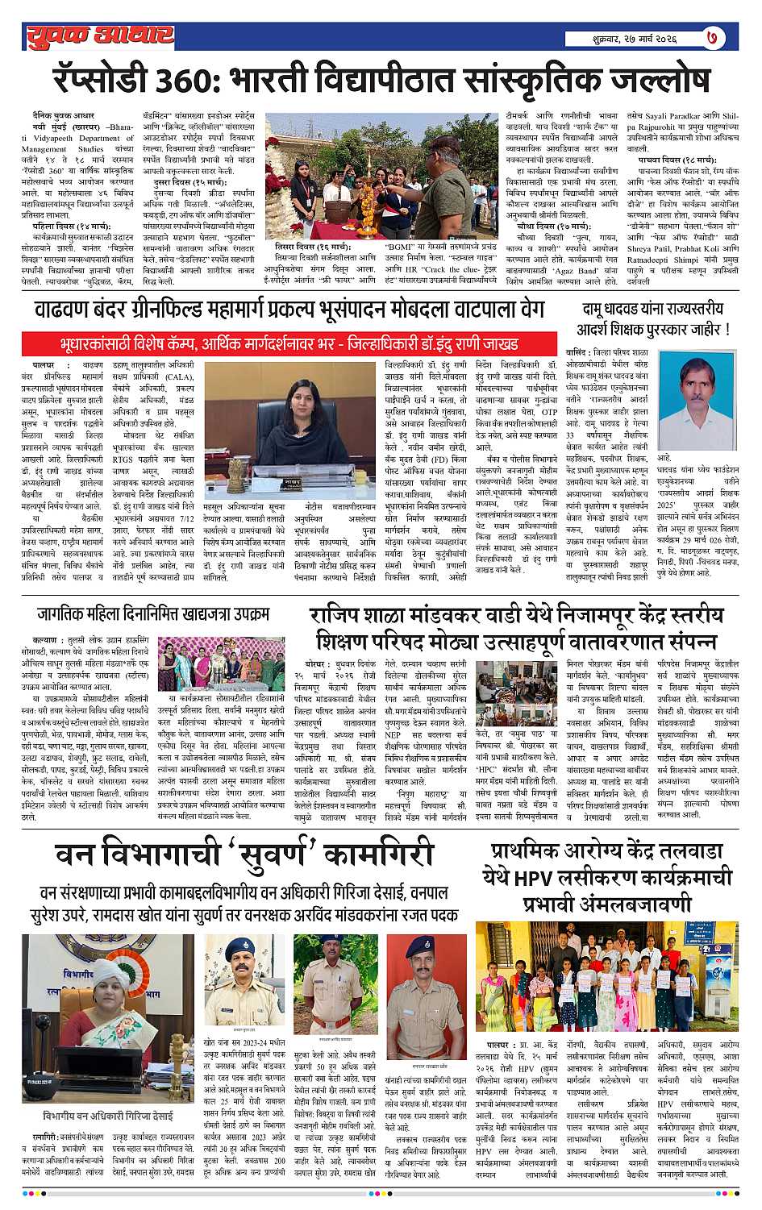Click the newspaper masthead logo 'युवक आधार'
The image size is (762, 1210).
[99, 35]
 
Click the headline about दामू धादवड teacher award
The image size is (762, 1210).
[652, 319]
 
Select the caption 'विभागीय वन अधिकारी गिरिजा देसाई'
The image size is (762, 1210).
[108, 1116]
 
